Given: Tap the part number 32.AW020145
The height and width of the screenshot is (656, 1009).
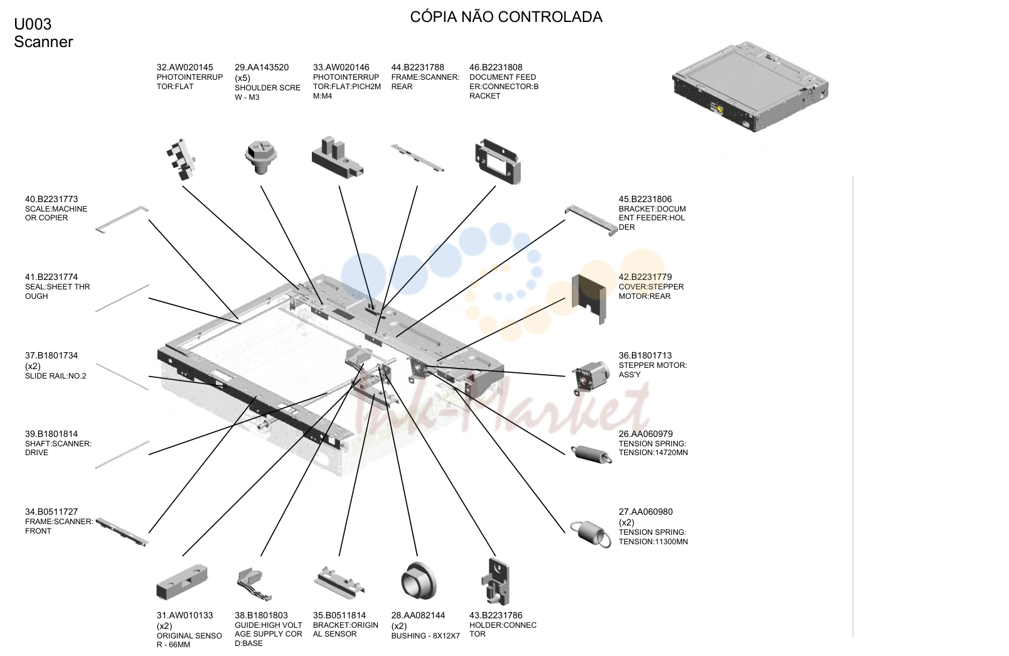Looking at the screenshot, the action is click(184, 68).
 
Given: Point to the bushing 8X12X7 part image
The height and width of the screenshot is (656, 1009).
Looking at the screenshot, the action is click(419, 581).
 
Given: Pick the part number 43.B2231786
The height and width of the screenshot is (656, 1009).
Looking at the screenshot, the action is click(496, 615).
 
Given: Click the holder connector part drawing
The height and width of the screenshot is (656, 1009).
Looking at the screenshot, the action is click(496, 582).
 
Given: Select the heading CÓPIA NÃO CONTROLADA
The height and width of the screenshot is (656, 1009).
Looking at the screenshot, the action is click(506, 17).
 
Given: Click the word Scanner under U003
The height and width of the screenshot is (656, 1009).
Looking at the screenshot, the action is click(43, 42).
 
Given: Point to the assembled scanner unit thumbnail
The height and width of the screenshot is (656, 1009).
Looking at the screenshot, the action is click(750, 87).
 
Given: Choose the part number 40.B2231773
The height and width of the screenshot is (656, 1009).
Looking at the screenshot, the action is click(51, 199).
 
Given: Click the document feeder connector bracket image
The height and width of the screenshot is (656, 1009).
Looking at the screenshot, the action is click(498, 161).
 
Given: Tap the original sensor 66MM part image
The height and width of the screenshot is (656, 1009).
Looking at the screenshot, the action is click(182, 582).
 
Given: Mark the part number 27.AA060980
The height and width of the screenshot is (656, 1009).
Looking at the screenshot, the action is click(646, 512).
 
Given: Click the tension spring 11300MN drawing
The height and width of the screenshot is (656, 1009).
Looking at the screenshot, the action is click(590, 534).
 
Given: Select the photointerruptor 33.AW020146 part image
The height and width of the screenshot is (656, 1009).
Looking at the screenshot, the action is click(338, 158).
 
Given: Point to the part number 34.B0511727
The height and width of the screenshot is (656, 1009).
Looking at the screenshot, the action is click(51, 512).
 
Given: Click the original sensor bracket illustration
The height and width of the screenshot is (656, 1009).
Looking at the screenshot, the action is click(339, 582).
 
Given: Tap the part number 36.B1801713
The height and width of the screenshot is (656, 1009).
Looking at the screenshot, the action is click(645, 355).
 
